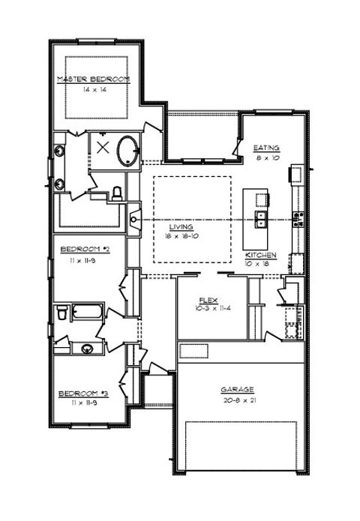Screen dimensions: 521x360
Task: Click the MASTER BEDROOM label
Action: pyautogui.click(x=94, y=79)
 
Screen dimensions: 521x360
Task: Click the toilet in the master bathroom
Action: pyautogui.click(x=116, y=193)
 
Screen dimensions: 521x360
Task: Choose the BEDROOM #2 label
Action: pyautogui.click(x=85, y=248)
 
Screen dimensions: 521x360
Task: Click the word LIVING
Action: pyautogui.click(x=181, y=226)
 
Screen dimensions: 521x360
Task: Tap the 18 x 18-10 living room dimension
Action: pyautogui.click(x=181, y=236)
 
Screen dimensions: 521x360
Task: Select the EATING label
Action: pyautogui.click(x=266, y=148)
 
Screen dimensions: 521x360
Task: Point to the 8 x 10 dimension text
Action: pyautogui.click(x=266, y=158)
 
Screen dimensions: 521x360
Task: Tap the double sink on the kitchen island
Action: pyautogui.click(x=261, y=220)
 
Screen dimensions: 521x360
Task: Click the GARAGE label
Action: pyautogui.click(x=237, y=390)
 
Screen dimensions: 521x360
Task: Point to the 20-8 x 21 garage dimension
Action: pyautogui.click(x=237, y=400)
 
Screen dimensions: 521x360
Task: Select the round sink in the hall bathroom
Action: pyautogui.click(x=88, y=347)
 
